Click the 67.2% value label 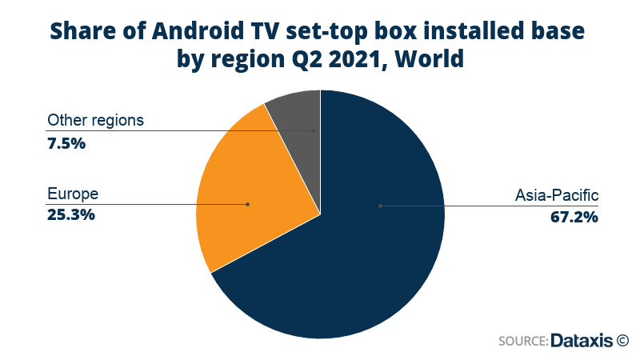click(x=574, y=217)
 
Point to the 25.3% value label click(x=71, y=214)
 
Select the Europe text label click(x=72, y=194)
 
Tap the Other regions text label click(x=95, y=121)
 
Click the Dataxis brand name click(x=582, y=340)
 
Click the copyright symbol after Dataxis click(x=623, y=340)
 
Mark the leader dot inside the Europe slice click(x=248, y=205)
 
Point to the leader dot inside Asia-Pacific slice click(x=381, y=206)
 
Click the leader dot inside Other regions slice click(x=314, y=130)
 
